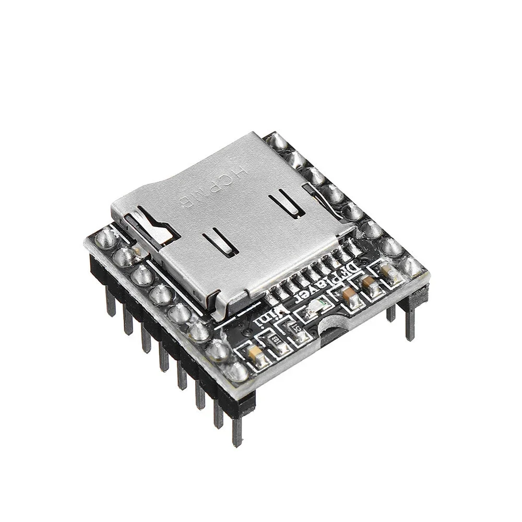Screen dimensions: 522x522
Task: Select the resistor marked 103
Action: click(x=277, y=340)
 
